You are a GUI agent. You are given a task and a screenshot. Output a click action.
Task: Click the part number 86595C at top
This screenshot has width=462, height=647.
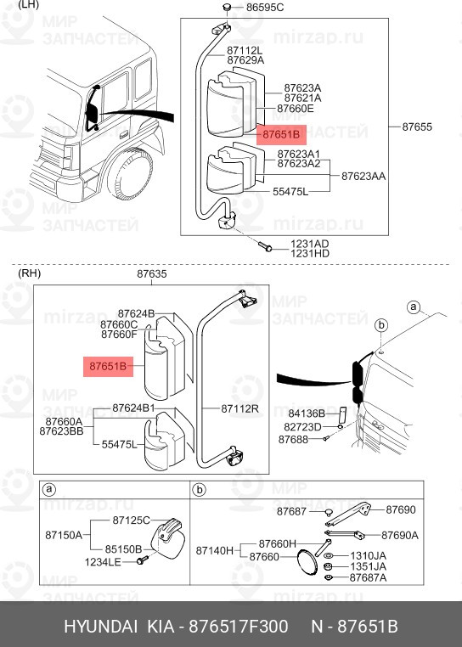pos(265,8)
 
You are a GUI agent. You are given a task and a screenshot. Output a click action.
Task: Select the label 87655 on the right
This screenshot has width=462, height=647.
pos(417,127)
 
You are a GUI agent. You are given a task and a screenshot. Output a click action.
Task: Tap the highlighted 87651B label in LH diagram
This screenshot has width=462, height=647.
pos(282,134)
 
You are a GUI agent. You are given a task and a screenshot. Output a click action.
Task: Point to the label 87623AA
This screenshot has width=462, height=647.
pos(363,177)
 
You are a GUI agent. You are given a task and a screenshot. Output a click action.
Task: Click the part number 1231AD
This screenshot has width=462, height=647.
pos(310,243)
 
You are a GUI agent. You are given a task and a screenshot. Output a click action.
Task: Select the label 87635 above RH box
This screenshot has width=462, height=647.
pos(152,274)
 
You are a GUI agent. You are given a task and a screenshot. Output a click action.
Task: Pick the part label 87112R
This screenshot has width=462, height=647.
pos(239,408)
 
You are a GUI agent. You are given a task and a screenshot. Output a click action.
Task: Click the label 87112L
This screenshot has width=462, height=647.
pos(245,50)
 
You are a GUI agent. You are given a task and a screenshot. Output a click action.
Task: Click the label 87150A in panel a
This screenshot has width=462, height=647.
pos(65,535)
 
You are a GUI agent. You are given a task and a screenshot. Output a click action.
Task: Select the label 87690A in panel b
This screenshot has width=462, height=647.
pos(399,535)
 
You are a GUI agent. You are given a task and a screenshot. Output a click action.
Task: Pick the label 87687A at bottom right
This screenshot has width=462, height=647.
pos(368,578)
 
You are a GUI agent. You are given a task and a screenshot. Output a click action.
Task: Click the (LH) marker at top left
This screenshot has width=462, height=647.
pos(29,5)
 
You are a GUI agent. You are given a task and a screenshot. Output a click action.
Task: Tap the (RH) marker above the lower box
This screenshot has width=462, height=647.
pos(29,273)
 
